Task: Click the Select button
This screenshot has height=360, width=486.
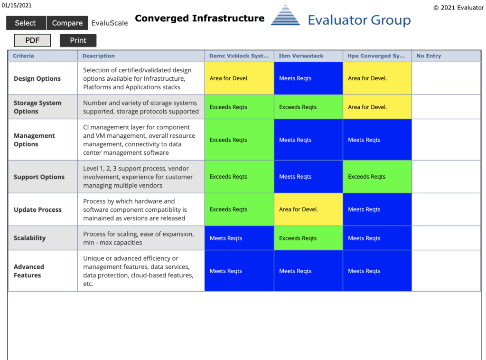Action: [26, 23]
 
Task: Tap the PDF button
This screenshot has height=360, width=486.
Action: [33, 40]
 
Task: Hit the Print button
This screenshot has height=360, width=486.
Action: [78, 40]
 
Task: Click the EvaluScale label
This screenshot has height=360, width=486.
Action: [110, 23]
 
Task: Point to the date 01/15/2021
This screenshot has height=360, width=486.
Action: [17, 5]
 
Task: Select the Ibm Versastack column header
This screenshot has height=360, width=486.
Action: [300, 56]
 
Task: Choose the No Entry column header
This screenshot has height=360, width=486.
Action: [429, 56]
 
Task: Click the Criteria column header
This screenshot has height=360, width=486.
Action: [23, 56]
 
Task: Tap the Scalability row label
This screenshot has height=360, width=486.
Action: [29, 238]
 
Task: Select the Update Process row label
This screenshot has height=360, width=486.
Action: [37, 209]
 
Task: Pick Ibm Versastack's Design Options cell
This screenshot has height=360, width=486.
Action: [308, 78]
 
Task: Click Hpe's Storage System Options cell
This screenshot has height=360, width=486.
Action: [377, 107]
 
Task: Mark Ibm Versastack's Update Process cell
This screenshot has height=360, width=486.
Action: [308, 209]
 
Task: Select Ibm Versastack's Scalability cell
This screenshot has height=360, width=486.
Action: [308, 238]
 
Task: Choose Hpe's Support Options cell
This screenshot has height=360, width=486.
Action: [377, 176]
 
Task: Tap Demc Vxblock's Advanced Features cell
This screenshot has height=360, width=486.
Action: [239, 271]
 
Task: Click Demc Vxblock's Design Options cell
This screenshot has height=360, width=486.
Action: [239, 78]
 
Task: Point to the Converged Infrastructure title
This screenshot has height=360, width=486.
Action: [200, 19]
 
